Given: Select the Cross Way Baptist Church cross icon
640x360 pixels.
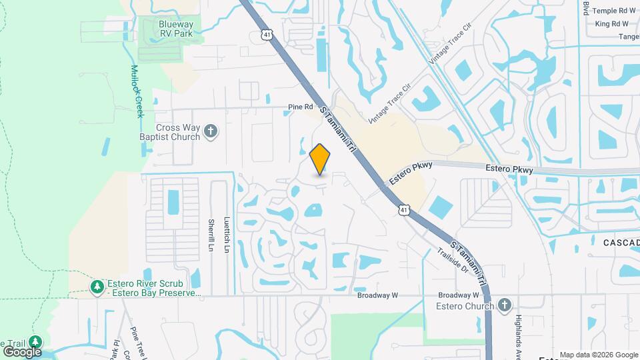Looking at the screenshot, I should click(x=211, y=131).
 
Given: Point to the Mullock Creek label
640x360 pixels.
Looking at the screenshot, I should click(x=138, y=91).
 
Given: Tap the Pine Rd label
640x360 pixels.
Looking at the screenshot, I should click(x=300, y=107).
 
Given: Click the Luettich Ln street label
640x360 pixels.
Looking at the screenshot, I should click(x=227, y=236).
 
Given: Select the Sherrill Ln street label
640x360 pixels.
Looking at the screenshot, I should click(x=210, y=235).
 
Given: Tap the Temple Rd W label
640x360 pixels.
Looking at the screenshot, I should click(x=614, y=11).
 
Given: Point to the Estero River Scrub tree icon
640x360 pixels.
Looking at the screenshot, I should click(x=97, y=287).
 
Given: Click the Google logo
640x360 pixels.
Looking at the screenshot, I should click(x=22, y=351).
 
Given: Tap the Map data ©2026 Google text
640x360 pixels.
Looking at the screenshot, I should click(x=599, y=355).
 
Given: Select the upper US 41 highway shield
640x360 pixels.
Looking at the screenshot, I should click(x=267, y=33).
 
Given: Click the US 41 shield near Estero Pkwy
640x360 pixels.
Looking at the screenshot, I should click(x=404, y=210).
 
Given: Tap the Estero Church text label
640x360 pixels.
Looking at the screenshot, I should click(x=464, y=306).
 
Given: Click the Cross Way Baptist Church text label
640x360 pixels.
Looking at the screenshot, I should click(x=178, y=132).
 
